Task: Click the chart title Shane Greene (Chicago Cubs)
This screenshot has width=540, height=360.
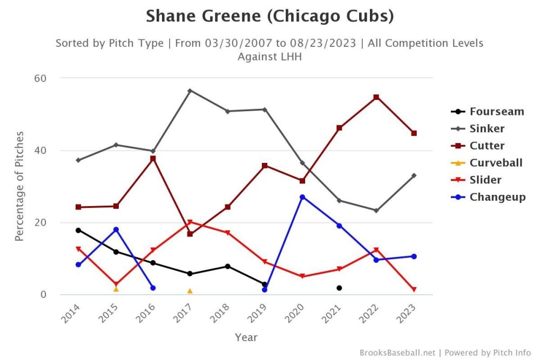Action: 269,17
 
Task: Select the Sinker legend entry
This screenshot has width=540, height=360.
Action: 487,128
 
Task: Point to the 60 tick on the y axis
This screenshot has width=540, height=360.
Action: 40,78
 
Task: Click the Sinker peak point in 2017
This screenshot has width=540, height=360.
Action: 190,90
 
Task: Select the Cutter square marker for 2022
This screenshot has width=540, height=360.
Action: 376,97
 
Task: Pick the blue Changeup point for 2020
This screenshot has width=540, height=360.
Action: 302,197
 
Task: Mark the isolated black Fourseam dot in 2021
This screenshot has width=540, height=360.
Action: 339,288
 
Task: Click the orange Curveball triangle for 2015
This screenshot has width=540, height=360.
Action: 116,289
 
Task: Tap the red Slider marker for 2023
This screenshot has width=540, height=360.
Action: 414,290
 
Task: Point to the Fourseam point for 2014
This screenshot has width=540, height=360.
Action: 78,230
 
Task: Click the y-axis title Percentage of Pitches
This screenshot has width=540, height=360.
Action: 19,186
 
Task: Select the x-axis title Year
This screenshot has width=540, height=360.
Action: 246,338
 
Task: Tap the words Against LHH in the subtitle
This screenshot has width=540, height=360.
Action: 269,56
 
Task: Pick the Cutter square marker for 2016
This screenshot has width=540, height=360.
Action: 153,159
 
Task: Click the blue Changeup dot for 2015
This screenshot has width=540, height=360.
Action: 116,229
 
